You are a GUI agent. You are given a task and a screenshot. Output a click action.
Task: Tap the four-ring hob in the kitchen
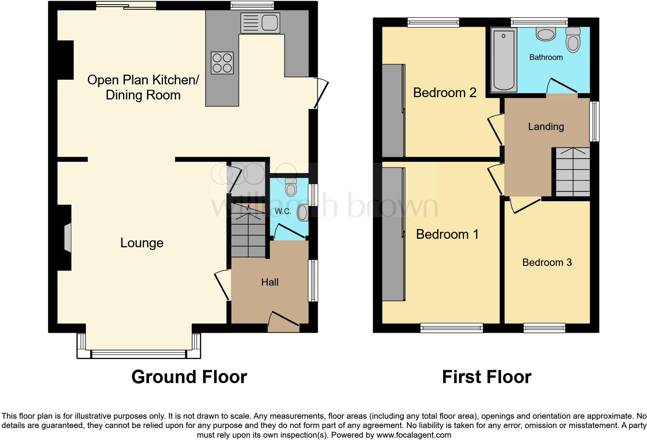tap(222, 63)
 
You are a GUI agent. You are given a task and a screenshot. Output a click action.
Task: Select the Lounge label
tap(142, 243)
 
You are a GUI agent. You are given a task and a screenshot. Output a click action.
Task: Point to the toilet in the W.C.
tap(290, 188)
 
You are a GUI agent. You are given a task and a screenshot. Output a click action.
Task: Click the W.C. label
tap(283, 211)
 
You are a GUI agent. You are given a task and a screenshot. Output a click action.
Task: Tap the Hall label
tap(270, 282)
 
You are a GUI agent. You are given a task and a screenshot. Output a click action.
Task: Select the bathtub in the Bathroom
tap(504, 60)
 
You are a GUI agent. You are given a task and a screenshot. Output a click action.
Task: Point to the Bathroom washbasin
tap(546, 34)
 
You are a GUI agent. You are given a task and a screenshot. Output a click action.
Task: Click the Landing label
tap(546, 127)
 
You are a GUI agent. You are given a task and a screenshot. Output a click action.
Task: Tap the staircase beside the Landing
tap(573, 172)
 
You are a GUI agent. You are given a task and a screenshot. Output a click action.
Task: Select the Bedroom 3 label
tap(547, 262)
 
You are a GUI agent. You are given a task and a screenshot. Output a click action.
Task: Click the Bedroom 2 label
tap(445, 93)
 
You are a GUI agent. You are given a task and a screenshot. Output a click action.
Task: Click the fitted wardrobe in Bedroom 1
tap(393, 234)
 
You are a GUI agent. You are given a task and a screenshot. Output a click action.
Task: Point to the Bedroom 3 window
tap(544, 328)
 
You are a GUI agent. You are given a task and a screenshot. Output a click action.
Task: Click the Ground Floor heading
tap(189, 377)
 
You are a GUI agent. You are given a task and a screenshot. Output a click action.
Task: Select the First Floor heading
tap(486, 377)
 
